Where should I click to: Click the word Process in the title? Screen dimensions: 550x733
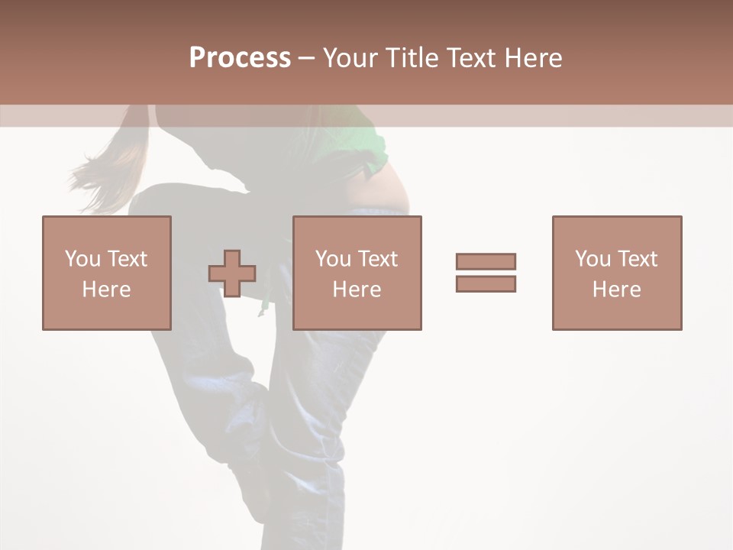pyautogui.click(x=240, y=58)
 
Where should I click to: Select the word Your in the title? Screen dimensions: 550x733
pyautogui.click(x=350, y=58)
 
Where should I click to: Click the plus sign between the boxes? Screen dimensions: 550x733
pyautogui.click(x=232, y=273)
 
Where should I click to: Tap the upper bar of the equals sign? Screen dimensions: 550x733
pyautogui.click(x=486, y=261)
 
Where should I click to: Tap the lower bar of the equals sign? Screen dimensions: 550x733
pyautogui.click(x=486, y=283)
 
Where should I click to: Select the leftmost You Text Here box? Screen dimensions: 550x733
pyautogui.click(x=106, y=273)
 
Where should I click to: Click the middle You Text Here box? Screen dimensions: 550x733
pyautogui.click(x=357, y=273)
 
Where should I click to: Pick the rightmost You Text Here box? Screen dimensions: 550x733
pyautogui.click(x=616, y=273)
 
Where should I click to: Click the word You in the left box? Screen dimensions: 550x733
pyautogui.click(x=81, y=259)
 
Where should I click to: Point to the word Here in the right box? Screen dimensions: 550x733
pyautogui.click(x=616, y=289)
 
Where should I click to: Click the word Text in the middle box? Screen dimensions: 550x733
pyautogui.click(x=377, y=259)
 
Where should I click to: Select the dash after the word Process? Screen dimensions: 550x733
pyautogui.click(x=306, y=58)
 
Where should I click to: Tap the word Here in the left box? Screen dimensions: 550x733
pyautogui.click(x=106, y=289)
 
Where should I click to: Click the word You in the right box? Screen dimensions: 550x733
pyautogui.click(x=592, y=259)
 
